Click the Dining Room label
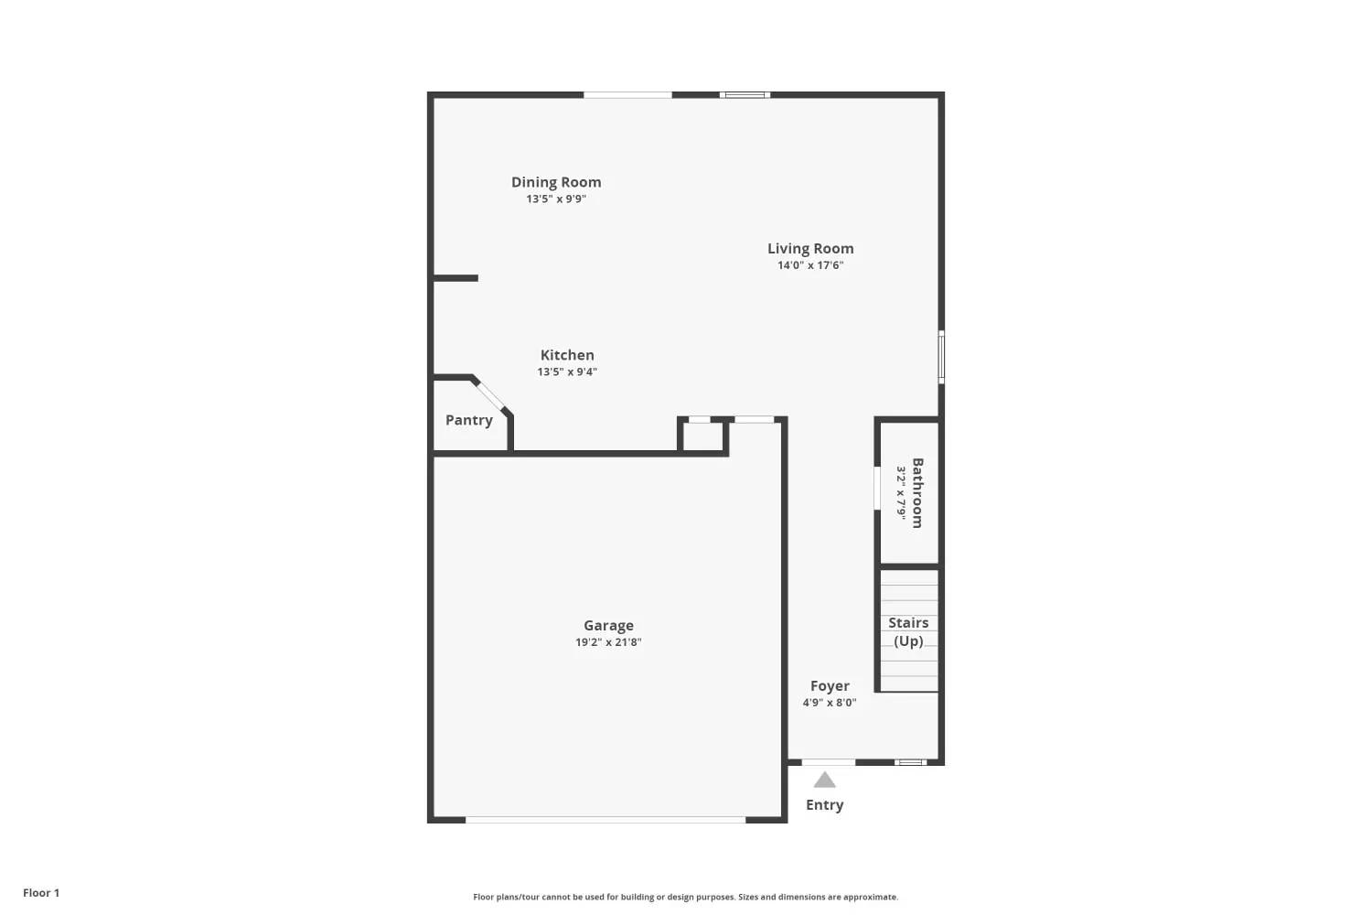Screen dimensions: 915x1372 point(556,182)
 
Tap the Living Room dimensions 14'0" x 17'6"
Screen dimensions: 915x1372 point(810,265)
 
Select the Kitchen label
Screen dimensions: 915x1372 point(567,355)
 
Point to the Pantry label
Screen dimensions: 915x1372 point(469,420)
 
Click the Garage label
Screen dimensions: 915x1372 point(608,626)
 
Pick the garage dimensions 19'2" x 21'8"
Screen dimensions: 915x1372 point(608,642)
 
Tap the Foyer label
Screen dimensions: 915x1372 point(830,686)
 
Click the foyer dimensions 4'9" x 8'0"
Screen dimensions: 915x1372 point(830,703)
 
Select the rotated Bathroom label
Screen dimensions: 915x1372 point(917,492)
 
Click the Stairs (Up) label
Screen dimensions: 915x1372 point(908,631)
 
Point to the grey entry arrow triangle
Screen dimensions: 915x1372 point(825,780)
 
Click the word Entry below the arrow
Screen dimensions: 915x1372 point(825,805)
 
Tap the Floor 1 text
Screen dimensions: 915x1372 point(41,893)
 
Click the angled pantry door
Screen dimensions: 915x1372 point(491,395)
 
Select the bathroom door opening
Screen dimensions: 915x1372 point(877,488)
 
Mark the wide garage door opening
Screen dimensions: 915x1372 point(606,820)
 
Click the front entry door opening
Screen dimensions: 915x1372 point(829,762)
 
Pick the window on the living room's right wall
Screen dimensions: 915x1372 point(941,357)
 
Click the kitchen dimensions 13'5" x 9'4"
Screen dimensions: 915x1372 point(567,371)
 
